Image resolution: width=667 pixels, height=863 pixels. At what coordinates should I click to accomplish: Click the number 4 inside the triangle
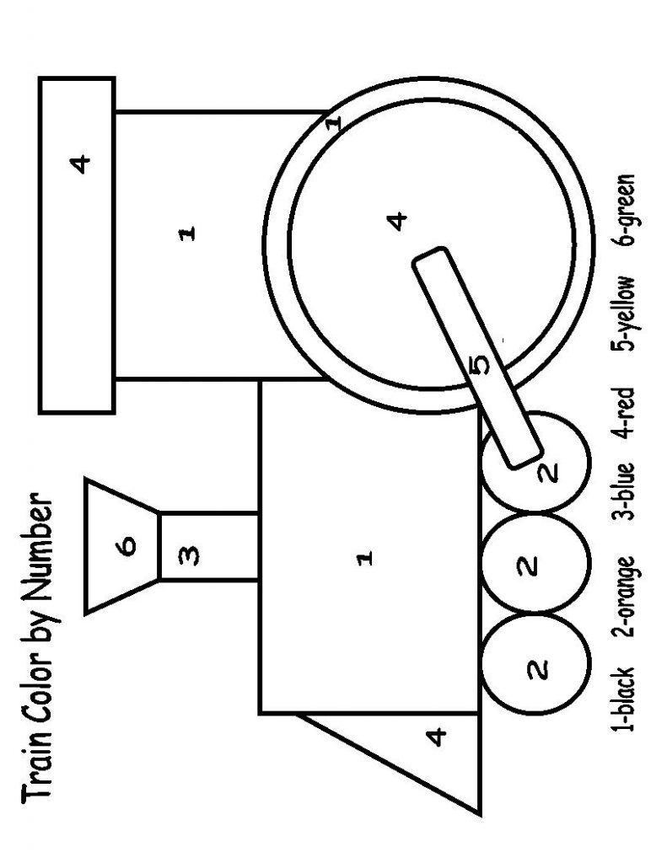(435, 738)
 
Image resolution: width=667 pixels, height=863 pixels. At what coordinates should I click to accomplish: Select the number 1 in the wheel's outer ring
(334, 123)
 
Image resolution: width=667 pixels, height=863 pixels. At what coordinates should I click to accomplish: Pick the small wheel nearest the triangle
(532, 670)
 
